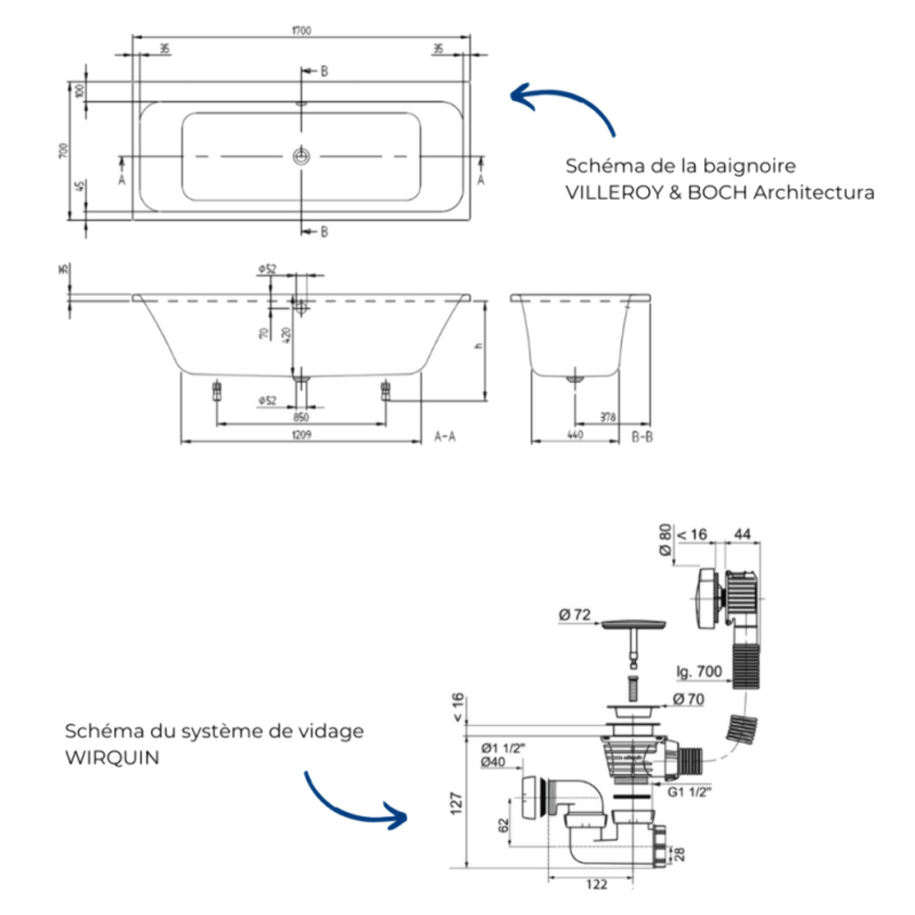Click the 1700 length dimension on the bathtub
(x=302, y=30)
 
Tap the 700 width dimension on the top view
(x=63, y=150)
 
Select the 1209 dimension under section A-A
(x=302, y=435)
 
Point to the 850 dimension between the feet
(x=301, y=417)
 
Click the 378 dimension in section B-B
(x=608, y=417)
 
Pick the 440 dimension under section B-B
(x=574, y=435)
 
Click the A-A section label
(x=445, y=436)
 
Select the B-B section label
(x=642, y=436)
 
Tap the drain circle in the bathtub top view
(x=301, y=156)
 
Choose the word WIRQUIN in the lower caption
(x=112, y=758)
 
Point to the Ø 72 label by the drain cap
(x=574, y=615)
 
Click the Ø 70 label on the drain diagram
(x=688, y=699)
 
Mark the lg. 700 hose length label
(x=698, y=672)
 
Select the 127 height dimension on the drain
(x=456, y=803)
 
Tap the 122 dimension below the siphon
(x=596, y=885)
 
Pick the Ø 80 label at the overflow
(x=665, y=539)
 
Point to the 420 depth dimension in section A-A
(x=287, y=335)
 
